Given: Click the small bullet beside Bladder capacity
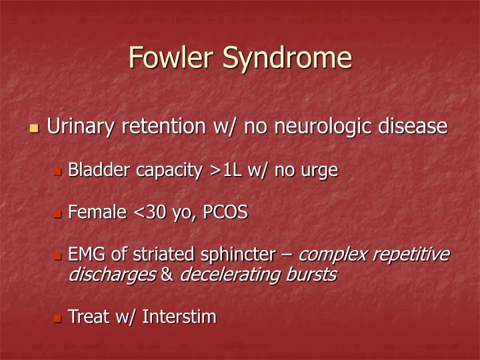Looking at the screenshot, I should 57,172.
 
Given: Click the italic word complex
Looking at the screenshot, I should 332,255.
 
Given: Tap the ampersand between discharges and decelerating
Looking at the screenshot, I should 167,275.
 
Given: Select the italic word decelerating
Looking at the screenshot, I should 229,275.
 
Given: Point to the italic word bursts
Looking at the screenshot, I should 309,275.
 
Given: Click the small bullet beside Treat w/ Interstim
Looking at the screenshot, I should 57,318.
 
